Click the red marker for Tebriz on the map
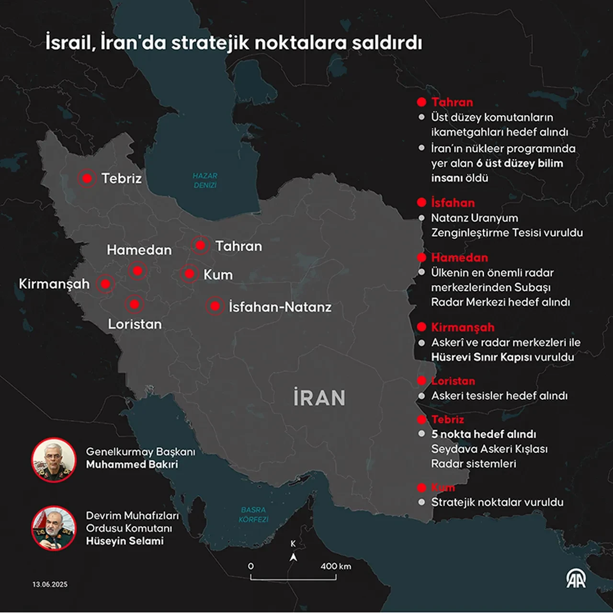[x=87, y=179]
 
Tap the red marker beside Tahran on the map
[x=200, y=245]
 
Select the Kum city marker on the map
[x=189, y=274]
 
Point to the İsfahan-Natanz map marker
[x=215, y=306]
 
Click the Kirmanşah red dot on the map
[x=105, y=284]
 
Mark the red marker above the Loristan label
[x=134, y=304]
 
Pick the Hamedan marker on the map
[x=137, y=271]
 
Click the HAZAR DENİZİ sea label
[x=205, y=181]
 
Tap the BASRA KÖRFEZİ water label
[x=253, y=514]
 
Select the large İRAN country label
[x=319, y=398]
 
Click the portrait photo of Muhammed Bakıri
[x=54, y=460]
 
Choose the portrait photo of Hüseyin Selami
[x=54, y=528]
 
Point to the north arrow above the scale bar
[x=293, y=557]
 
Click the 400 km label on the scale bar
[x=335, y=566]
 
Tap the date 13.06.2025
[x=50, y=584]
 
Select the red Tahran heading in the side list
[x=452, y=102]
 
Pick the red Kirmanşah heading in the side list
[x=463, y=327]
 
